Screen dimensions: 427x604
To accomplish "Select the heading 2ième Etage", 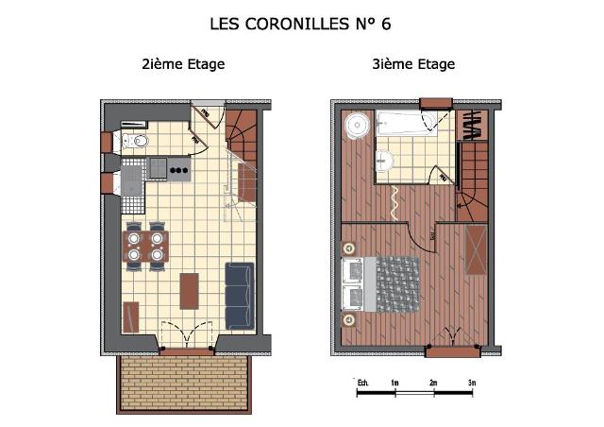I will click(x=183, y=65).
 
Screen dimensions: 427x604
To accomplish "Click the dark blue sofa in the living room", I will click(x=240, y=296).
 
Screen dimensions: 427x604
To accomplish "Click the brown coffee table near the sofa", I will click(x=191, y=291).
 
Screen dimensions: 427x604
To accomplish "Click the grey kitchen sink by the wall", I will click(x=130, y=180).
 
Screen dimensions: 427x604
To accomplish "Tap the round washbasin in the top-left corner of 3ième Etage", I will click(x=355, y=124).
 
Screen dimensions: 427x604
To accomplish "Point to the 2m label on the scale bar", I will click(x=433, y=381).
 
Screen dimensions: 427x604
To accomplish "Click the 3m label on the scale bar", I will click(x=471, y=381).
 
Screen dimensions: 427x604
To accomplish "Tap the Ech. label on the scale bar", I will click(x=361, y=381).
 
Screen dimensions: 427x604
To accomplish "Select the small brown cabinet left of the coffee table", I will click(x=130, y=316).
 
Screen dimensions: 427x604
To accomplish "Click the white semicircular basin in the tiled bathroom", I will click(x=382, y=161).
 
